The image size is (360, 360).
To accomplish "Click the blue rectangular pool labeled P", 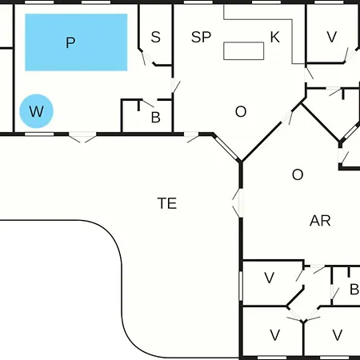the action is pyautogui.click(x=76, y=42).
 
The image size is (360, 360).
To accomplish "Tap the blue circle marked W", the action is pyautogui.click(x=37, y=111).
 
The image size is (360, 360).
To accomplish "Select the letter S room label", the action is pyautogui.click(x=156, y=37).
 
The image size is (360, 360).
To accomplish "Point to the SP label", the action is pyautogui.click(x=201, y=37).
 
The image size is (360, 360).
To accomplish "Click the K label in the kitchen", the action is pyautogui.click(x=275, y=37).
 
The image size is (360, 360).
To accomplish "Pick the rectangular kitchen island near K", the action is pyautogui.click(x=244, y=50).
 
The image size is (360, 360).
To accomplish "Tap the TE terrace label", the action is pyautogui.click(x=167, y=203).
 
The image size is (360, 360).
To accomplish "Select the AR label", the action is pyautogui.click(x=320, y=221).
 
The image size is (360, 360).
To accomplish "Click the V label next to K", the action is pyautogui.click(x=332, y=37).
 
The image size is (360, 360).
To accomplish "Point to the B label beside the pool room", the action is pyautogui.click(x=156, y=118).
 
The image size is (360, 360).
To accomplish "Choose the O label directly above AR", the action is pyautogui.click(x=298, y=175).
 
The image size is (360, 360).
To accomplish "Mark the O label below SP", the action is pyautogui.click(x=241, y=112).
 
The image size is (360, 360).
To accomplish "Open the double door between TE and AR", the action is pyautogui.click(x=238, y=203).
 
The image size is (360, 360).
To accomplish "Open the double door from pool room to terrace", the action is pyautogui.click(x=82, y=137).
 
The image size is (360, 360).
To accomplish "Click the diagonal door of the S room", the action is pyautogui.click(x=146, y=57).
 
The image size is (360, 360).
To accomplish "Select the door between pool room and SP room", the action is pyautogui.click(x=175, y=86).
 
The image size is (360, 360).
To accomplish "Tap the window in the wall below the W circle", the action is pyautogui.click(x=39, y=134).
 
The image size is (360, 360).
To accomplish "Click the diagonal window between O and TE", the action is pyautogui.click(x=226, y=148).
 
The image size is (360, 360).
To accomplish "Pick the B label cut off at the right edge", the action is pyautogui.click(x=354, y=290).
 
